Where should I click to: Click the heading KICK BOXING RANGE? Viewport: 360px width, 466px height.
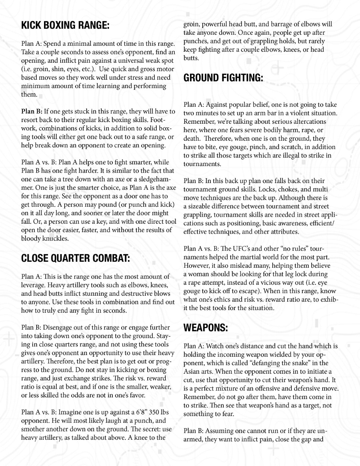(65, 25)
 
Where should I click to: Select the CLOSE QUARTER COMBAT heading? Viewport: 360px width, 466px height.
(75, 258)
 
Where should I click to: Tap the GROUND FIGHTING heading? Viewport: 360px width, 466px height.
(223, 78)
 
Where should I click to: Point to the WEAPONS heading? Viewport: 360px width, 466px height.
(206, 327)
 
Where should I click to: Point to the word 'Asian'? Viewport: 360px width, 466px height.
(192, 372)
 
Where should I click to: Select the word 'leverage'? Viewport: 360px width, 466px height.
(33, 285)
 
